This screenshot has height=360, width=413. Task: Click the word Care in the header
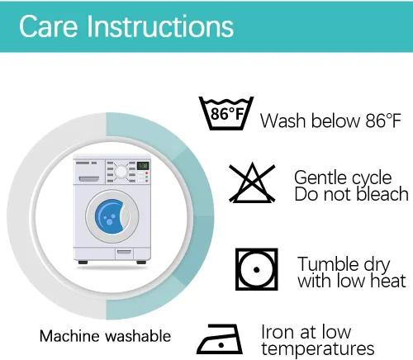tap(49, 26)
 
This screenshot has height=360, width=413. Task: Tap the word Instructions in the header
tap(160, 26)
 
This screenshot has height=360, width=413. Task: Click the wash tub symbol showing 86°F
tap(226, 113)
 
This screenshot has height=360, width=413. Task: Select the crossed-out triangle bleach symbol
tap(252, 182)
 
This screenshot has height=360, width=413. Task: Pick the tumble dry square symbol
tap(257, 269)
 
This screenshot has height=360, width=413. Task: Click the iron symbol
tap(220, 339)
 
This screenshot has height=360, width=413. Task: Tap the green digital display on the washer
tap(143, 166)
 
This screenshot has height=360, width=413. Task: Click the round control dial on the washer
tap(121, 172)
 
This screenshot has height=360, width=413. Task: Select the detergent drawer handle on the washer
tap(89, 179)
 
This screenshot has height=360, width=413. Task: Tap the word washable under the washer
tap(138, 336)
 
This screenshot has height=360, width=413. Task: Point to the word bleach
tap(382, 194)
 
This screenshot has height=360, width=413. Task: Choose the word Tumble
tap(328, 264)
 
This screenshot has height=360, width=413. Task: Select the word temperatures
tap(318, 349)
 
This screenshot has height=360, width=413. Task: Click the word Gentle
tap(320, 178)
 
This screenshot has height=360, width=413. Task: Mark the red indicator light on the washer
tap(146, 173)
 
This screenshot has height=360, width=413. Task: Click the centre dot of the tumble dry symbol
tap(257, 270)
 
